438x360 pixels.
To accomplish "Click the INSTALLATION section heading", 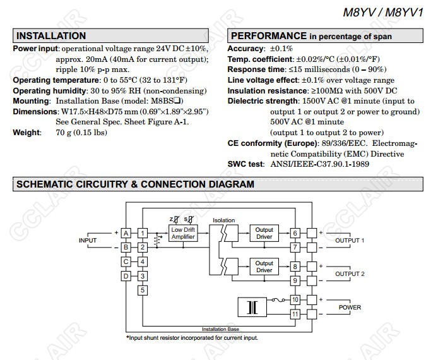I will [x=50, y=36].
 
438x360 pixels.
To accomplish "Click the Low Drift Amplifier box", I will [x=184, y=233].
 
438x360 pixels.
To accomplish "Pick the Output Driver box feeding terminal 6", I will [x=264, y=233].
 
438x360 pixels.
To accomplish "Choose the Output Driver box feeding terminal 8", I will [x=264, y=266].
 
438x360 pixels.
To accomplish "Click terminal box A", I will [x=126, y=234].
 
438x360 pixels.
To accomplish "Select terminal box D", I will [x=126, y=275].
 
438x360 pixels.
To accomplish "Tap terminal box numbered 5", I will [x=143, y=290].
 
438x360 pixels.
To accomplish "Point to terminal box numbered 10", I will [x=295, y=299].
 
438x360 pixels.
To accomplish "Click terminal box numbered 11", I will [x=295, y=314].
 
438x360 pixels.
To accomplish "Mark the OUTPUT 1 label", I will [x=350, y=241].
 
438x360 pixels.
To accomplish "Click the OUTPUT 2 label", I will [x=350, y=273].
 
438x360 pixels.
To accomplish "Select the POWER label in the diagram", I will [x=350, y=308].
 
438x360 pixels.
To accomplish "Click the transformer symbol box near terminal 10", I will [x=252, y=307].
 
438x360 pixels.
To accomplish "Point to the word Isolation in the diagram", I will [x=223, y=220].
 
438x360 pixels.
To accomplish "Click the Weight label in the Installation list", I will [x=26, y=133].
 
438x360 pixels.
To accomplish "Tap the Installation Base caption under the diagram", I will [x=220, y=330].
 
